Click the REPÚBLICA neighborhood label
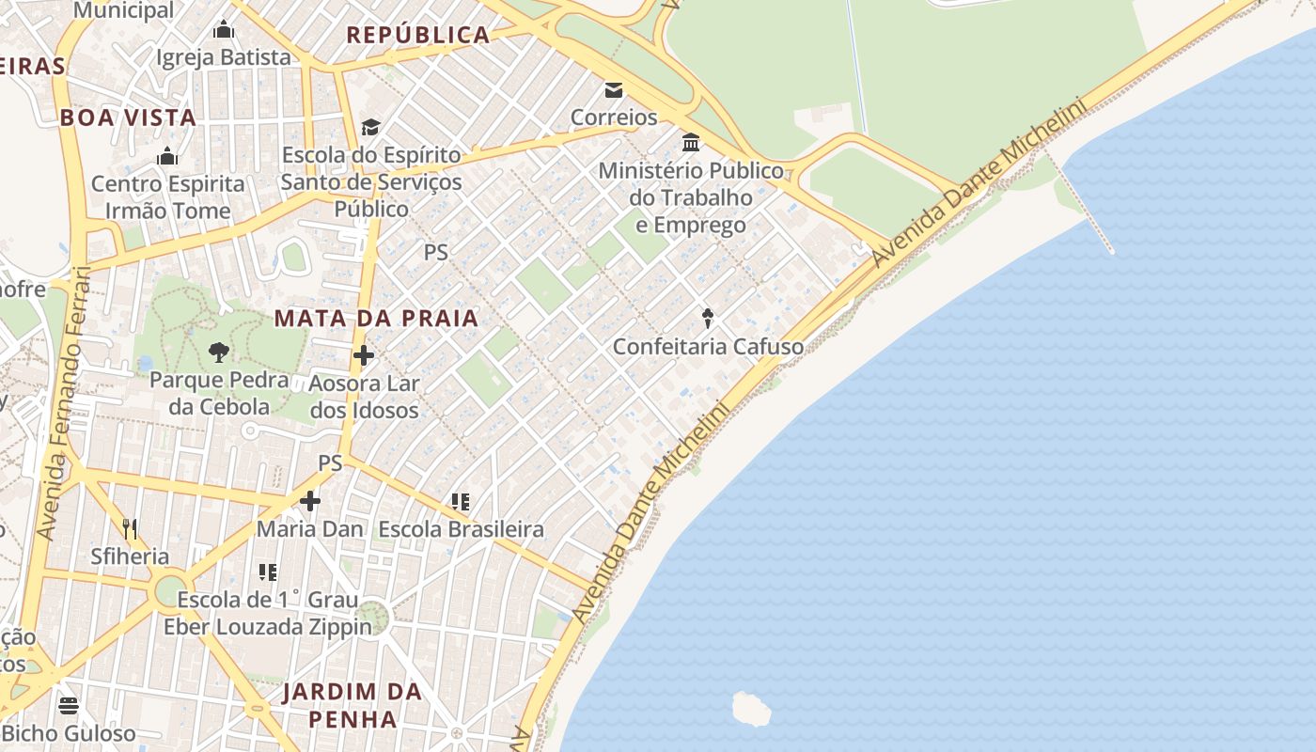(418, 36)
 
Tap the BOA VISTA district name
(128, 117)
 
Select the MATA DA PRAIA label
(376, 318)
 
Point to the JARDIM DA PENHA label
(352, 705)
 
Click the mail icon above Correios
(614, 90)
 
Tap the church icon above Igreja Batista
(223, 30)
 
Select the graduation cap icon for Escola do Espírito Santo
(371, 127)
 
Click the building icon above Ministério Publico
(691, 143)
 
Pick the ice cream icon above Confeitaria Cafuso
(708, 318)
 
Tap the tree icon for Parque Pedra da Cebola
(218, 352)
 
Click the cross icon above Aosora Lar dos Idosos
(364, 355)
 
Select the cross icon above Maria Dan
(309, 501)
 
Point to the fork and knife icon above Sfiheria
(130, 528)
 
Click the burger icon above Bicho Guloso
(68, 705)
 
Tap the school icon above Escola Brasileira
(460, 501)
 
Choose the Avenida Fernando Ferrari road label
(64, 404)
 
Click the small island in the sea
(751, 709)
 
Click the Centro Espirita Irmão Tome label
(167, 197)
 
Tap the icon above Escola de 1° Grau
(268, 572)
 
